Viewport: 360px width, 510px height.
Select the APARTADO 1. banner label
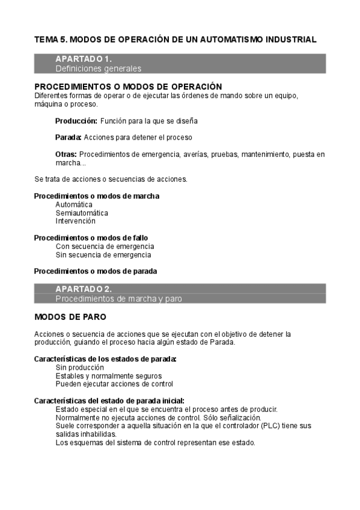pos(84,59)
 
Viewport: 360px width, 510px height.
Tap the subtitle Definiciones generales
pos(99,69)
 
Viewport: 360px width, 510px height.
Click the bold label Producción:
pos(76,121)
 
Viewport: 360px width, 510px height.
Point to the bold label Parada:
pos(69,137)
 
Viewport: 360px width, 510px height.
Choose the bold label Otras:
pos(66,155)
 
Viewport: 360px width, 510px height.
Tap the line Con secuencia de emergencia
pos(105,246)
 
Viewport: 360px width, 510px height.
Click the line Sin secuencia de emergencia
pos(103,254)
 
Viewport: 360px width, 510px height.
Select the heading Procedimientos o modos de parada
pos(96,271)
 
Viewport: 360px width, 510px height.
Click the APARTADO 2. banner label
pos(84,289)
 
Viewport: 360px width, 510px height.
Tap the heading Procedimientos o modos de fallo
pos(91,238)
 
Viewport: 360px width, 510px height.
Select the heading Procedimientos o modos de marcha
pos(97,196)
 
